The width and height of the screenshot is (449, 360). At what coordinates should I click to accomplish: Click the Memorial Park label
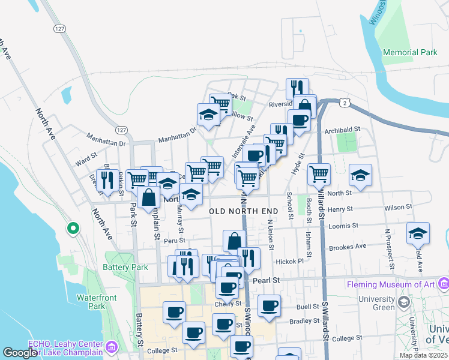pyautogui.click(x=410, y=53)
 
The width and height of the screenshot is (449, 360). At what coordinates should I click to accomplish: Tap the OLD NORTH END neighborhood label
pyautogui.click(x=244, y=211)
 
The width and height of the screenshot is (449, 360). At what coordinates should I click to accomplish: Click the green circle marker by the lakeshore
pyautogui.click(x=73, y=228)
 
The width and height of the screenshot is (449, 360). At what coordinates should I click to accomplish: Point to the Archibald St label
pyautogui.click(x=342, y=129)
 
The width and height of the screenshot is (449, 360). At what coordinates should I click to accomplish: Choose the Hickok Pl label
pyautogui.click(x=291, y=262)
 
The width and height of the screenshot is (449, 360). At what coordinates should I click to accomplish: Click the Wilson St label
pyautogui.click(x=399, y=206)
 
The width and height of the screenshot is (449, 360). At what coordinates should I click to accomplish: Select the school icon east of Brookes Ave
pyautogui.click(x=418, y=233)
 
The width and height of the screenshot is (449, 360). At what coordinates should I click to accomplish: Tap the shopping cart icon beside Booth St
pyautogui.click(x=319, y=174)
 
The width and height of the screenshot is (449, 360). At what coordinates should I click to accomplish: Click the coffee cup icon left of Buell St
pyautogui.click(x=269, y=305)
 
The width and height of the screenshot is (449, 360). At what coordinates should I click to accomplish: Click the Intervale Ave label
pyautogui.click(x=248, y=139)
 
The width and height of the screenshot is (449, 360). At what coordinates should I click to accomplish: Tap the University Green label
pyautogui.click(x=377, y=304)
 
